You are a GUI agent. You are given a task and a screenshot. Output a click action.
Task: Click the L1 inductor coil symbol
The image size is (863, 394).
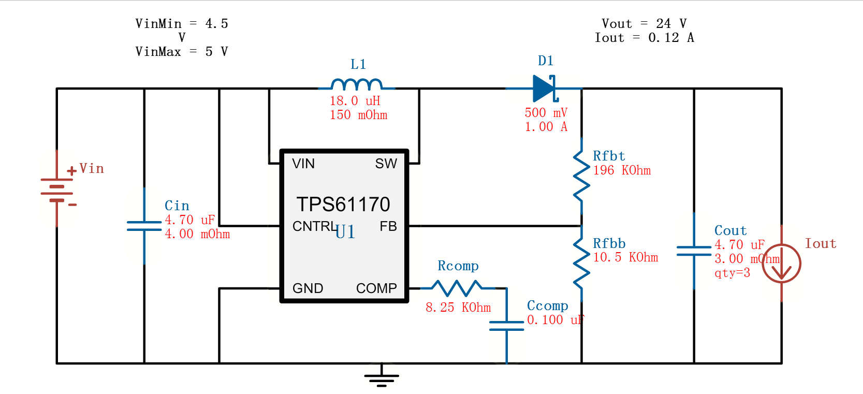point(357,84)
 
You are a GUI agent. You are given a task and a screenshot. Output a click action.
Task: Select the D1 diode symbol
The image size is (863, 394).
point(544,89)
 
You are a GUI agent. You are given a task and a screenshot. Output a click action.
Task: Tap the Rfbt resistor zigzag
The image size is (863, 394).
point(581,176)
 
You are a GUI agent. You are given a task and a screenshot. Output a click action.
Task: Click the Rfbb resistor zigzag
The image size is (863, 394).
point(581,263)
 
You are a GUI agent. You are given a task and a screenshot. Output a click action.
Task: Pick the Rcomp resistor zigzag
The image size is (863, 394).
point(457,288)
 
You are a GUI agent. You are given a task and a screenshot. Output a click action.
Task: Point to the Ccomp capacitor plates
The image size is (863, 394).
point(507,326)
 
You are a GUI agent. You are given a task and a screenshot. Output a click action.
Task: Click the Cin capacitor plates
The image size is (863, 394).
point(144,226)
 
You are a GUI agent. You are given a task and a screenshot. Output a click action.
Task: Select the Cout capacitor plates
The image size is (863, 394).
point(694,251)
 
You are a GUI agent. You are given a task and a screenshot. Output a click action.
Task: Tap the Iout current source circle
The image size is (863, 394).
point(781,263)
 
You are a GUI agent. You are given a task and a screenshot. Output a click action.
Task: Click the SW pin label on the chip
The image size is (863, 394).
point(386,164)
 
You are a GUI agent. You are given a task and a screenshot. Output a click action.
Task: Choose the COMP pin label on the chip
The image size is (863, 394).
point(376,288)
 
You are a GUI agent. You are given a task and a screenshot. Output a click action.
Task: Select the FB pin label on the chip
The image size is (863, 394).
point(388,226)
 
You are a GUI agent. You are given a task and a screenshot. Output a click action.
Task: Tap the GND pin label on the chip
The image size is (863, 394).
point(308,288)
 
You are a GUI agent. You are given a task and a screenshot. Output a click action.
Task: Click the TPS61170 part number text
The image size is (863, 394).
point(343,205)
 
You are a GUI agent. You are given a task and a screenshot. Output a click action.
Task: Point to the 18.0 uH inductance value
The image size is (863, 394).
point(355,101)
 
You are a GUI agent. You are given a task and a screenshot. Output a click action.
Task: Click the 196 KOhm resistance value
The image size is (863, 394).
point(622,170)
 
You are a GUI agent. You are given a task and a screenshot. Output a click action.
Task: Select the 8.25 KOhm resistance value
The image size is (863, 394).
point(458,308)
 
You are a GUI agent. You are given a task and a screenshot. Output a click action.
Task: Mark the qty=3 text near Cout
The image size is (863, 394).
point(732,273)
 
